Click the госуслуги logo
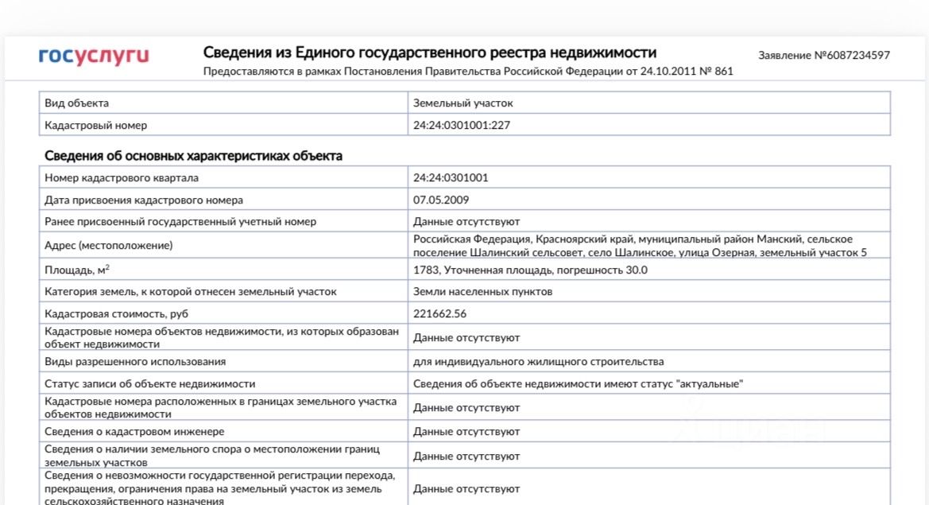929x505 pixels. (94, 56)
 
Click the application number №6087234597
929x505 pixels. (824, 56)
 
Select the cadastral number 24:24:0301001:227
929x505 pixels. (461, 126)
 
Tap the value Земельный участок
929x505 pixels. (463, 103)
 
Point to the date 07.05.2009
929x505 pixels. (440, 200)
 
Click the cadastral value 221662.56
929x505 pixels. (439, 314)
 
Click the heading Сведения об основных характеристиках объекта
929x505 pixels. (193, 156)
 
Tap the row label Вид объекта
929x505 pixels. (77, 103)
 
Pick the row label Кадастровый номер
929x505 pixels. (96, 126)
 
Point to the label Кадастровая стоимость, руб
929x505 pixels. (117, 314)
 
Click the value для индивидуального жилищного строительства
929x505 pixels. (538, 362)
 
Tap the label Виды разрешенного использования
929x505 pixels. (135, 362)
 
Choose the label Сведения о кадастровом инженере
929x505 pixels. (134, 432)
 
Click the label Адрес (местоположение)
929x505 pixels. (109, 246)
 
